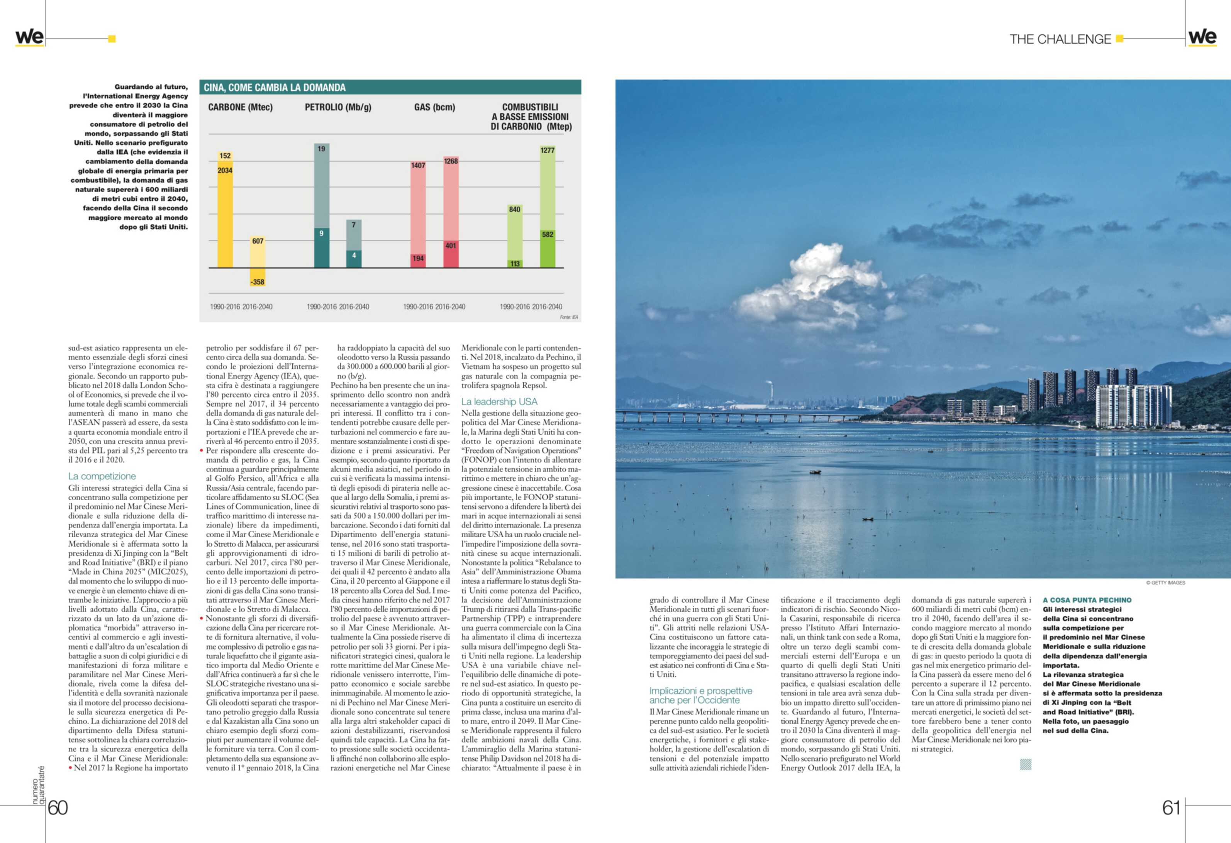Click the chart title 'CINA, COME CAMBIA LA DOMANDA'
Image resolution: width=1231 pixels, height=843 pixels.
(x=275, y=87)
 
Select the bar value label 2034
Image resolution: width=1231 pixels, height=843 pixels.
(x=225, y=171)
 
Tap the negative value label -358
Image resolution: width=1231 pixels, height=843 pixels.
(x=258, y=282)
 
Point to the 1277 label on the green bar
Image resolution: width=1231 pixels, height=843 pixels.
(x=547, y=151)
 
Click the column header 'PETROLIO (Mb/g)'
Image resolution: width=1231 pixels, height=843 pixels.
(x=338, y=107)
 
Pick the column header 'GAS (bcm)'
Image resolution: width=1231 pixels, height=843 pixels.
(x=434, y=107)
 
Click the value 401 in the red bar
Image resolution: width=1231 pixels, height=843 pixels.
(x=451, y=246)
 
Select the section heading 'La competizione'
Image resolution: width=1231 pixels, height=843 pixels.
(x=102, y=476)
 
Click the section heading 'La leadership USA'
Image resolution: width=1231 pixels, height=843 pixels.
(x=499, y=401)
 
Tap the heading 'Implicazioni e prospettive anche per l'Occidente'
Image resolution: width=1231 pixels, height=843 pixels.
(x=700, y=695)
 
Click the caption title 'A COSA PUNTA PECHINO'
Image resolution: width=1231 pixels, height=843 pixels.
(x=1087, y=600)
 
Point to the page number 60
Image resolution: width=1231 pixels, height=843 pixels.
(x=58, y=808)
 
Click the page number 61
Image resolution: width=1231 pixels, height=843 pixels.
(x=1171, y=808)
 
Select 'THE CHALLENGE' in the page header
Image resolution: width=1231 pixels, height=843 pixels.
(x=1060, y=39)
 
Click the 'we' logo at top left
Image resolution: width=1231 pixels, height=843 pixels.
(x=29, y=37)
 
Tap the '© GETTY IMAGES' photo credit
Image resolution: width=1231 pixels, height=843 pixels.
(x=1165, y=582)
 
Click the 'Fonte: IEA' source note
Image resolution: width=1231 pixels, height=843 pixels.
(x=569, y=317)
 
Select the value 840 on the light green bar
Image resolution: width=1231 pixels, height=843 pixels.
(x=514, y=209)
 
